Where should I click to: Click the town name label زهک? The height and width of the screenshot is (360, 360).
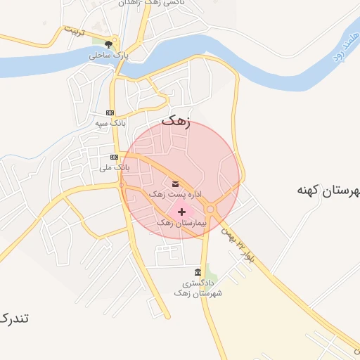[x=176, y=120]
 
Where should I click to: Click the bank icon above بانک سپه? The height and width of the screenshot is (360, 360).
[x=110, y=112]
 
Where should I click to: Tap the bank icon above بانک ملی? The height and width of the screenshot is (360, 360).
[x=114, y=157]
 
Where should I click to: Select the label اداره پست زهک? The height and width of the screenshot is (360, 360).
[x=174, y=193]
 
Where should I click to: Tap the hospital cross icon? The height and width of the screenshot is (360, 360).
[x=182, y=211]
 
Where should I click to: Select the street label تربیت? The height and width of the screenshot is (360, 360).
[x=75, y=32]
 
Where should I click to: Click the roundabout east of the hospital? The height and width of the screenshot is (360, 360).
[x=210, y=209]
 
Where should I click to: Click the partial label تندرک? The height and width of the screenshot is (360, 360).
[x=14, y=318]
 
